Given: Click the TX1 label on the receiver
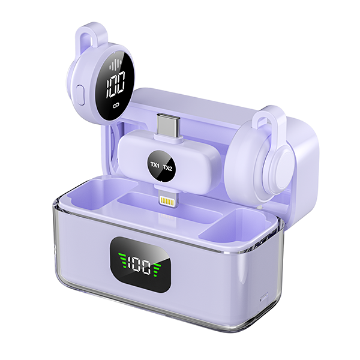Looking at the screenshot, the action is [x=155, y=164].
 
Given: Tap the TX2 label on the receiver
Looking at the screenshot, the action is [x=167, y=168].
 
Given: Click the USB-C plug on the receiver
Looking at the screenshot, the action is [x=168, y=125].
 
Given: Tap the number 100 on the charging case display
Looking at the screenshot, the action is [x=139, y=265].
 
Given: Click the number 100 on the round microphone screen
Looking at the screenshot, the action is [x=116, y=84].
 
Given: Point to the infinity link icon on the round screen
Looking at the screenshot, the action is [x=116, y=106].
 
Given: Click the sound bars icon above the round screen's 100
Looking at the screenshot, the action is [x=115, y=64].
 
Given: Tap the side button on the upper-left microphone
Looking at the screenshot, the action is [x=80, y=95].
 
